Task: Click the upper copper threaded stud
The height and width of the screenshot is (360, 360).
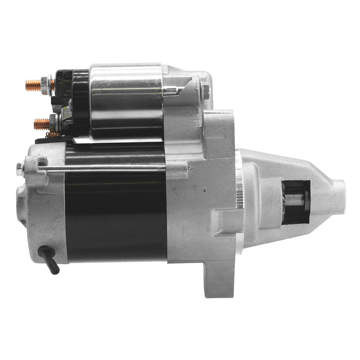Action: pos(32,84)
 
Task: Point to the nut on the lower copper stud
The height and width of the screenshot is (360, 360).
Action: pos(53,121)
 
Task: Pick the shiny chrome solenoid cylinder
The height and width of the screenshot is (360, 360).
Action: pos(126,101)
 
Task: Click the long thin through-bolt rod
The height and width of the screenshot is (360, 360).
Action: pos(103,168)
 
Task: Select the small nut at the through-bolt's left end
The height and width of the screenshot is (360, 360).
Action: pos(20,169)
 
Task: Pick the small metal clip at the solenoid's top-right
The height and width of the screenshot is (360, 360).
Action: pos(173,91)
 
